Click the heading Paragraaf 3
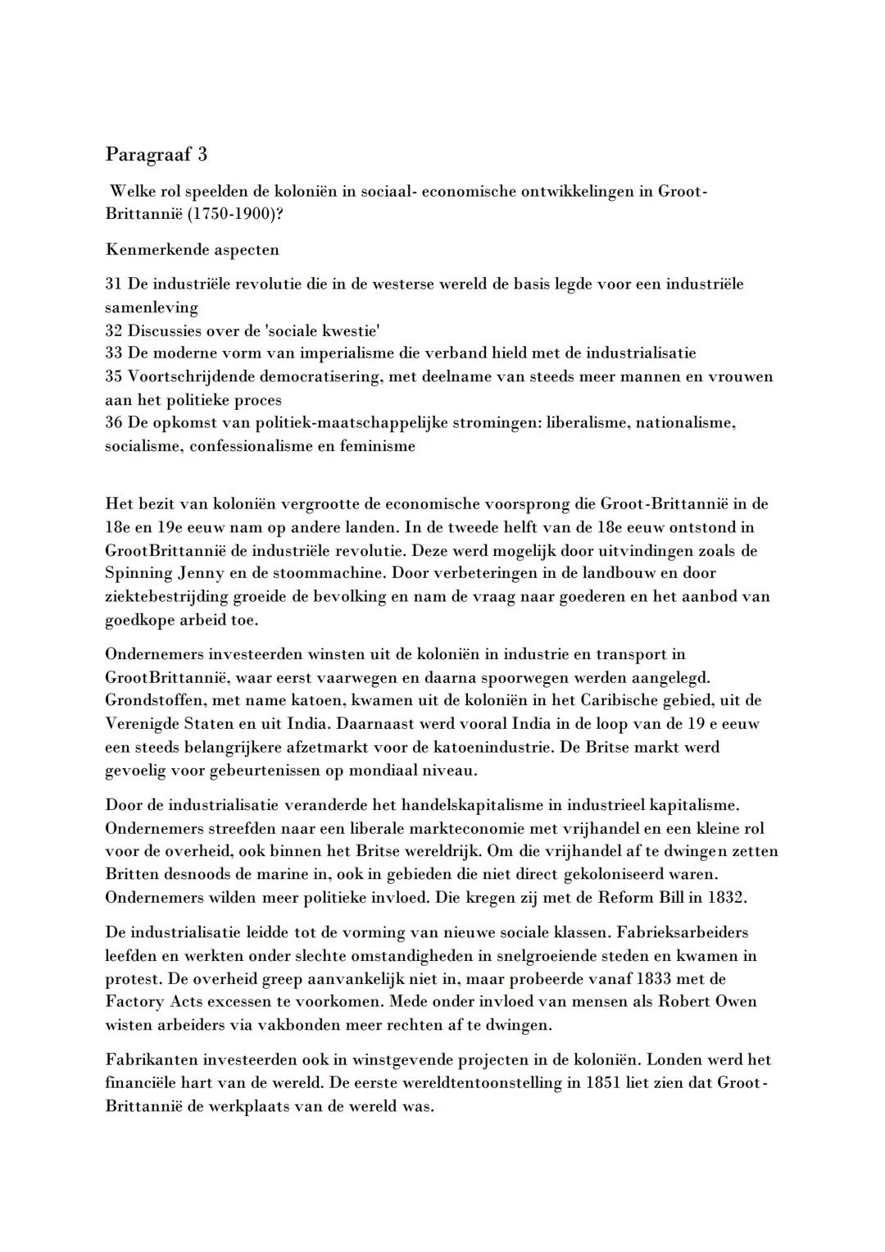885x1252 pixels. tap(156, 154)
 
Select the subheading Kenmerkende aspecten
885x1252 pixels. tap(192, 249)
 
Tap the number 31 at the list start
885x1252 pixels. tap(114, 285)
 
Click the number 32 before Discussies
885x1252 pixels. tap(114, 330)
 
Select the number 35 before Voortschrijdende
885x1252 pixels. tap(114, 376)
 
